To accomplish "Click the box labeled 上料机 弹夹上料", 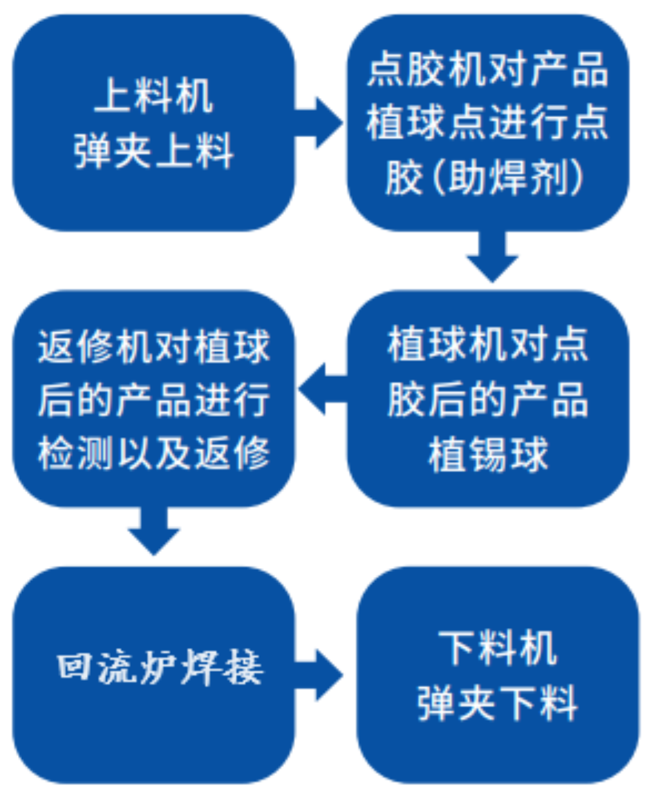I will point(153,122).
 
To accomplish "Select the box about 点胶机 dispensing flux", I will point(487,122).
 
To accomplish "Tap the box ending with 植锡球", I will point(487,399).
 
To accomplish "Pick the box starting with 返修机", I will point(153,399).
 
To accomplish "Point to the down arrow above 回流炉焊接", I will point(153,531).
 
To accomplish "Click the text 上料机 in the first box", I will point(153,96).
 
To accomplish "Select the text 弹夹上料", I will point(153,151).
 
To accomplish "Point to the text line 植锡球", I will point(487,453).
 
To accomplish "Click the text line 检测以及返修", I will point(153,453).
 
